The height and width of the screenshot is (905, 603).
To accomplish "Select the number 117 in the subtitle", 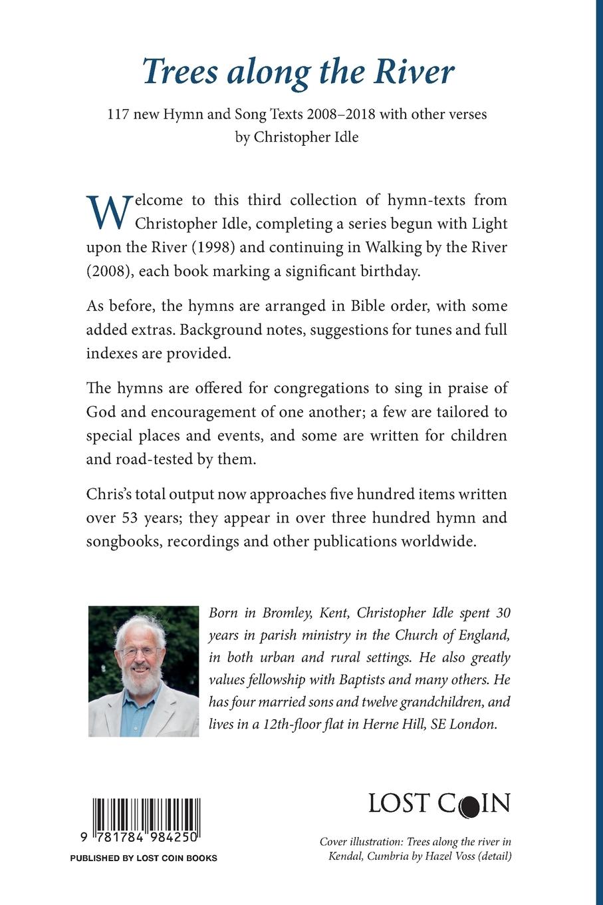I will pyautogui.click(x=120, y=114).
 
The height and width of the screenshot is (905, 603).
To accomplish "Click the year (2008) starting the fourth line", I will pyautogui.click(x=106, y=271).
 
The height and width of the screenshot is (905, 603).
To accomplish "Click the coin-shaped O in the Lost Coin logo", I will pyautogui.click(x=468, y=804).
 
